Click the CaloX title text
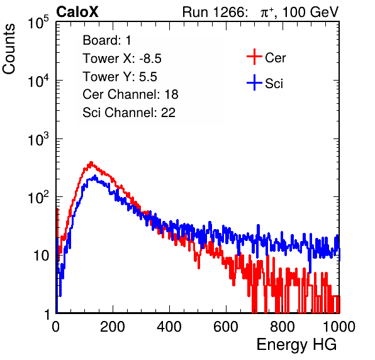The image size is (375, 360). pos(77,12)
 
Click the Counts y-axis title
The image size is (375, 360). pos(9,49)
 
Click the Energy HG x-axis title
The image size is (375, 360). pos(296,345)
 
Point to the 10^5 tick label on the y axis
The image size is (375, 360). pos(38,23)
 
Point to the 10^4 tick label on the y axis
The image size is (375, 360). pos(38,81)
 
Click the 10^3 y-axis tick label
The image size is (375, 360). pos(38,139)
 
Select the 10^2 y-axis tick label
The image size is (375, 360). pos(38,198)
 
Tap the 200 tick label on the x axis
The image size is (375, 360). pos(113,326)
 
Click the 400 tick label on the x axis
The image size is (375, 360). pos(169,326)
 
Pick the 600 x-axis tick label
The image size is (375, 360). pos(226,326)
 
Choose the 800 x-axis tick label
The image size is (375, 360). pos(283,326)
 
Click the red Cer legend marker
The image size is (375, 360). pos(254,57)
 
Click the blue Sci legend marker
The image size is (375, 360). pos(254,83)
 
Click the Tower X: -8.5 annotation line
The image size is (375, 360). pos(122,59)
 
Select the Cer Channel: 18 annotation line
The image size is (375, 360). pos(130,94)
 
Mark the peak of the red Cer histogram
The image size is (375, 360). pos(91,162)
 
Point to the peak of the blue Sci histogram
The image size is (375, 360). pos(95,176)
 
